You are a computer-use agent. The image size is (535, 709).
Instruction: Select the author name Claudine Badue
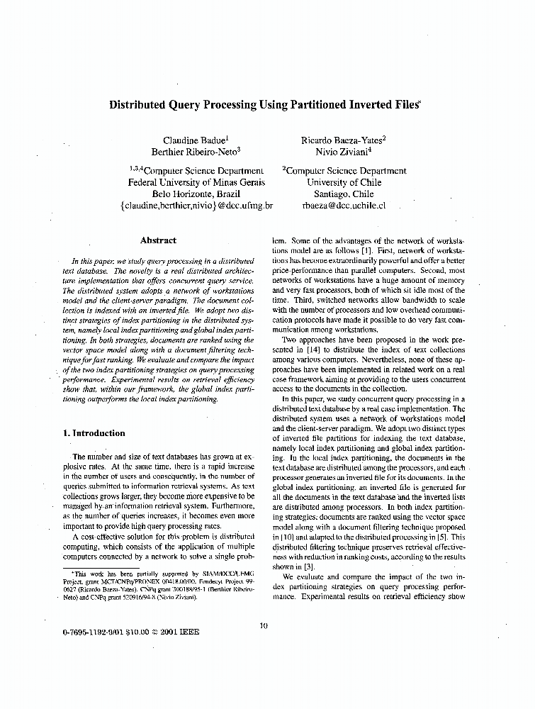click(x=191, y=140)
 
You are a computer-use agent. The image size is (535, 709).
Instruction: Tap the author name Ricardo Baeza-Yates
click(x=342, y=140)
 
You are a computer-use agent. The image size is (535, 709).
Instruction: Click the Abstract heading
click(x=158, y=240)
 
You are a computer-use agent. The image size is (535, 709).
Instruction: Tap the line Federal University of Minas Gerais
click(x=196, y=182)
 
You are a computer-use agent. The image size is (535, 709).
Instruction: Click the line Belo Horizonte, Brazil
click(x=196, y=194)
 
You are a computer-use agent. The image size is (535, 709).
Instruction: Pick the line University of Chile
click(x=344, y=182)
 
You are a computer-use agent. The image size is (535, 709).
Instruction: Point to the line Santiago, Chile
click(x=344, y=194)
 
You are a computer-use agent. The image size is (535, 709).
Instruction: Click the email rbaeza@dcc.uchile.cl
click(x=344, y=206)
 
